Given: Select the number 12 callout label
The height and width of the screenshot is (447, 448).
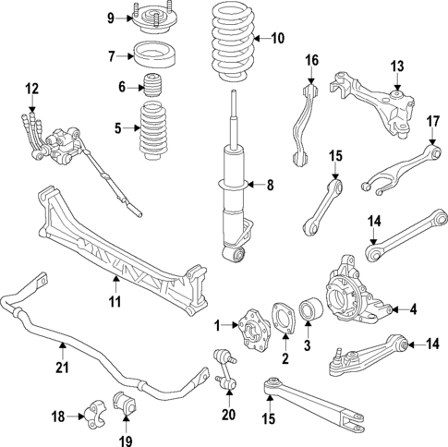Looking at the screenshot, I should (32, 90).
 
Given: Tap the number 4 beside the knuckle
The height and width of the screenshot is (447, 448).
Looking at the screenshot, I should (414, 308).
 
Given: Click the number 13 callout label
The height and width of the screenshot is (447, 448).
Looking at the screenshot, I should (397, 66).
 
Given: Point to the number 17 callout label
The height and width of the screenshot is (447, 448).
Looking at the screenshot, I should (432, 121).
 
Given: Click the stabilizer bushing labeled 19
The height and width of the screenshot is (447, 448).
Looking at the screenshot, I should (123, 404).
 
